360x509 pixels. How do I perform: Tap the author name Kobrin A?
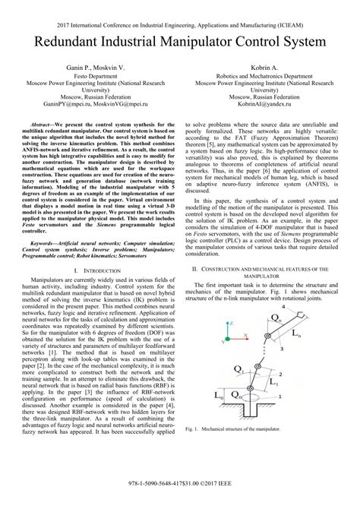[x=265, y=68]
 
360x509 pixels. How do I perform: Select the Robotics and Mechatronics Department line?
[x=265, y=77]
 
